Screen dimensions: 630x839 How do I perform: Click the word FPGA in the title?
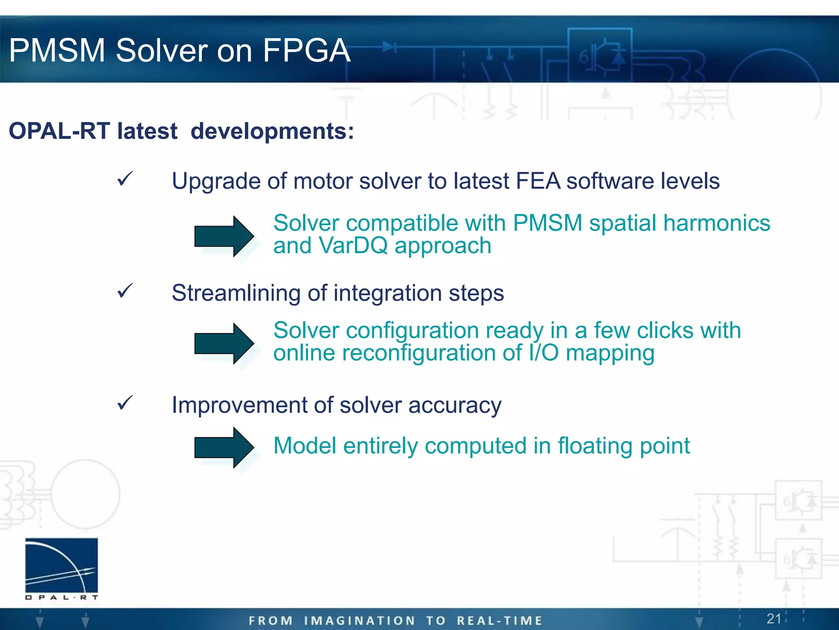pos(306,50)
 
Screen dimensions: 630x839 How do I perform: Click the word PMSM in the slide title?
pos(57,50)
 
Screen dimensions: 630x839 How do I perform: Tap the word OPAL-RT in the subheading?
pos(59,131)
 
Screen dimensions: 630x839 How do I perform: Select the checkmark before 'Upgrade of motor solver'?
pos(125,179)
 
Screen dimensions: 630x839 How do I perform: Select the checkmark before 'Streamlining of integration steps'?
pos(125,291)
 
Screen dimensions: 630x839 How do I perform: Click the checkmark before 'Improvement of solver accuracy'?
pos(125,403)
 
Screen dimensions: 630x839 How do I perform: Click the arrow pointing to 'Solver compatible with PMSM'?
pos(224,236)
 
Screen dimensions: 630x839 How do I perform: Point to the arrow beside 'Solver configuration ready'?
pos(224,343)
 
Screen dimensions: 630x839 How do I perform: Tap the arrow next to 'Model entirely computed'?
pos(224,447)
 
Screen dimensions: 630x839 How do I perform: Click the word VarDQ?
pos(353,246)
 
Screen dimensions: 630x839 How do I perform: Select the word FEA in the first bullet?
pos(537,181)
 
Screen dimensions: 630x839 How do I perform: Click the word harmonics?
pos(717,223)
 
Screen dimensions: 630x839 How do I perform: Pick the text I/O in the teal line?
pos(543,353)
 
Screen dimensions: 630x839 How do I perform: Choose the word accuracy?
pos(455,406)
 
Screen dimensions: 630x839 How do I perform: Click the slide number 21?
pos(774,619)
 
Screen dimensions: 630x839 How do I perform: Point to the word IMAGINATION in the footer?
pos(360,621)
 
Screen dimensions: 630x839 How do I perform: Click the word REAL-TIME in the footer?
pos(499,621)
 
